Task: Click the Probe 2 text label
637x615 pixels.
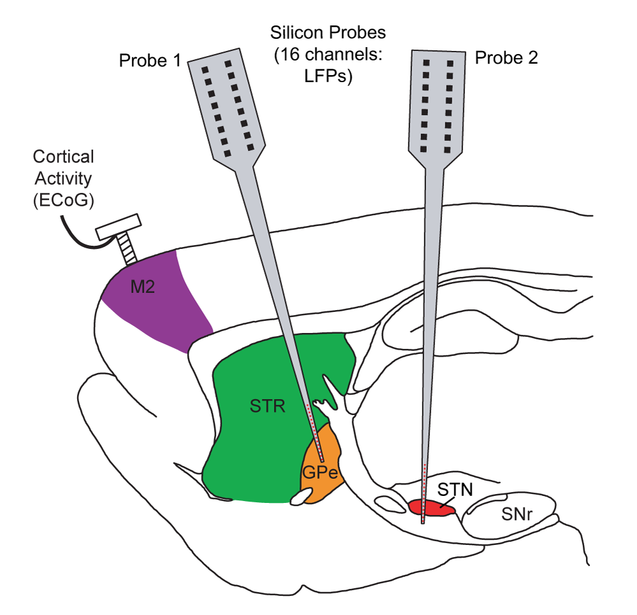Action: pyautogui.click(x=506, y=58)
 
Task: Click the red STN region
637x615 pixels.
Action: pyautogui.click(x=428, y=507)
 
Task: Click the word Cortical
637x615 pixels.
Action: pyautogui.click(x=63, y=156)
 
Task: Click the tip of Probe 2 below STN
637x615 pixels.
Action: pyautogui.click(x=424, y=521)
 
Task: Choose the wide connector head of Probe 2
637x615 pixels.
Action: pyautogui.click(x=436, y=102)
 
